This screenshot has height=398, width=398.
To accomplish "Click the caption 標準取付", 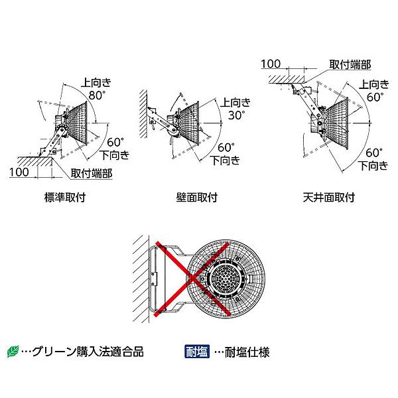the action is pyautogui.click(x=65, y=197).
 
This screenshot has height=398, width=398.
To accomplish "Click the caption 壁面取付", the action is pyautogui.click(x=197, y=197).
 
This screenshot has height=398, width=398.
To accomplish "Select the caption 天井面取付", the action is pyautogui.click(x=329, y=197).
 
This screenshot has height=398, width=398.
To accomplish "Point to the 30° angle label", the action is pyautogui.click(x=237, y=115).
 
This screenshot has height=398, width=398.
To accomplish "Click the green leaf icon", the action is pyautogui.click(x=13, y=352).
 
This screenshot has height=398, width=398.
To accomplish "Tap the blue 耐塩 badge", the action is pyautogui.click(x=197, y=352).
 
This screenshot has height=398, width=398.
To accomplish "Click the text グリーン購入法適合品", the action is pyautogui.click(x=88, y=352).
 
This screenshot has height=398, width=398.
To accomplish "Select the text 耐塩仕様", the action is pyautogui.click(x=247, y=352).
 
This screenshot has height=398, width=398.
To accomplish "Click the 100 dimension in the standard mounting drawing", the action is pyautogui.click(x=19, y=172).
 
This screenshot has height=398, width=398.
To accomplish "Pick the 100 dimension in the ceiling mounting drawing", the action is pyautogui.click(x=271, y=64).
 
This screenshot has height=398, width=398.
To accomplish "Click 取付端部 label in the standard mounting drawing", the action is pyautogui.click(x=92, y=173).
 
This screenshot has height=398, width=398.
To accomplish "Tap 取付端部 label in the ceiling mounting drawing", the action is pyautogui.click(x=350, y=64).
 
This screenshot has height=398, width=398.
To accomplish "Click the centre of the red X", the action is pyautogui.click(x=192, y=278).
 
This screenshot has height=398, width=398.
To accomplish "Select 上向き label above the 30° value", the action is pyautogui.click(x=235, y=102).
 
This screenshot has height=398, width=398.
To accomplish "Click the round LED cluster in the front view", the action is pyautogui.click(x=224, y=277).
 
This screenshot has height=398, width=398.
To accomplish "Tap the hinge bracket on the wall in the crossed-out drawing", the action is pyautogui.click(x=154, y=279).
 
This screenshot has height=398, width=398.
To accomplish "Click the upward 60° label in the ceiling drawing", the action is pyautogui.click(x=375, y=97).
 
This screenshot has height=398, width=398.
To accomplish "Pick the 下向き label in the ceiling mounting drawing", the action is pyautogui.click(x=373, y=166).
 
